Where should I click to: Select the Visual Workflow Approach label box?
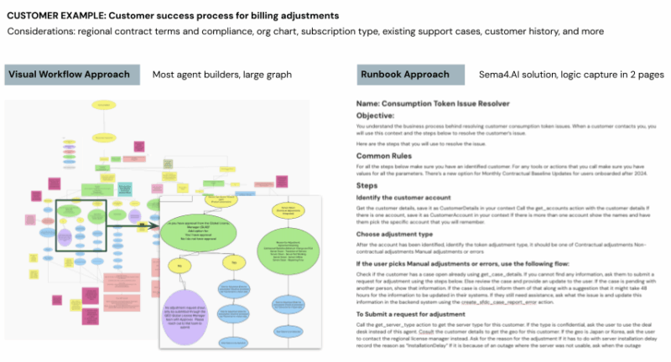72,75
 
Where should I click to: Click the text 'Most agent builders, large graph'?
221,75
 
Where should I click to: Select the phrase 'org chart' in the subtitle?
299,32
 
